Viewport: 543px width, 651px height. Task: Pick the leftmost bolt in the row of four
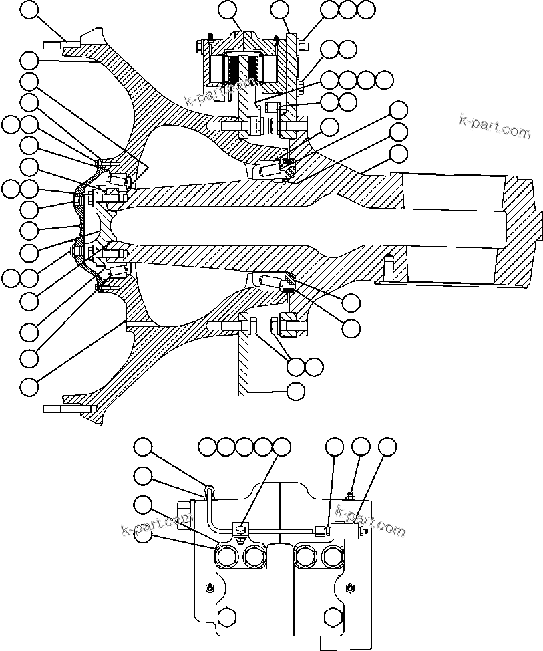click(x=227, y=556)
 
